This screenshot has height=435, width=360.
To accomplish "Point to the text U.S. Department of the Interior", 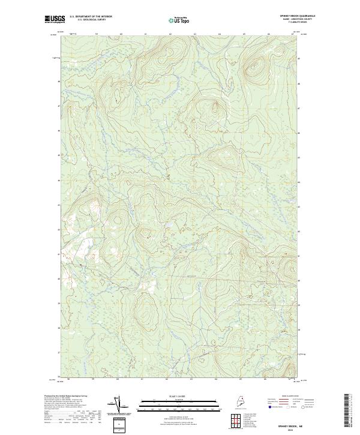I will pyautogui.click(x=91, y=16).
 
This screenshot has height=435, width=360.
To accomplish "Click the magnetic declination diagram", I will pyautogui.click(x=118, y=404).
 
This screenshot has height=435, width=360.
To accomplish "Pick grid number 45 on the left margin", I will pyautogui.click(x=59, y=155).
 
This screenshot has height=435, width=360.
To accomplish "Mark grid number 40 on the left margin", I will pyautogui.click(x=59, y=279).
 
